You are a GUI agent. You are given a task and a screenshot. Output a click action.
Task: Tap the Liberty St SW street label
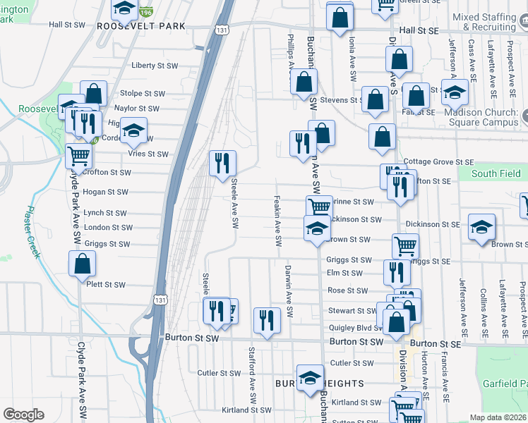(155, 66)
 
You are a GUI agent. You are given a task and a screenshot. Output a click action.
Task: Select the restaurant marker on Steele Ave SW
(222, 164)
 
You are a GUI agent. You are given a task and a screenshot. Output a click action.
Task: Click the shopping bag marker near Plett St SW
(83, 264)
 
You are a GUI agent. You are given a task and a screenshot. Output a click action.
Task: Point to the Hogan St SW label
(106, 192)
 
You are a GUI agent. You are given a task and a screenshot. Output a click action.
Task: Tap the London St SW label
(107, 228)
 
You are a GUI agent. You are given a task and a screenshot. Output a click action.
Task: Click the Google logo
(23, 415)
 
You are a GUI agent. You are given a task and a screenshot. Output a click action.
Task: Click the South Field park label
(496, 173)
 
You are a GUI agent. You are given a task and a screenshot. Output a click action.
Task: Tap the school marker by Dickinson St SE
(482, 227)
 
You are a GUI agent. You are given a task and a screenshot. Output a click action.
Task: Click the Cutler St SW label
(220, 373)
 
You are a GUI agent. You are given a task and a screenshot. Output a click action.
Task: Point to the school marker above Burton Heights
(310, 378)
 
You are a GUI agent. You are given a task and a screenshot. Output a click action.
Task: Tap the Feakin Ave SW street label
(277, 221)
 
